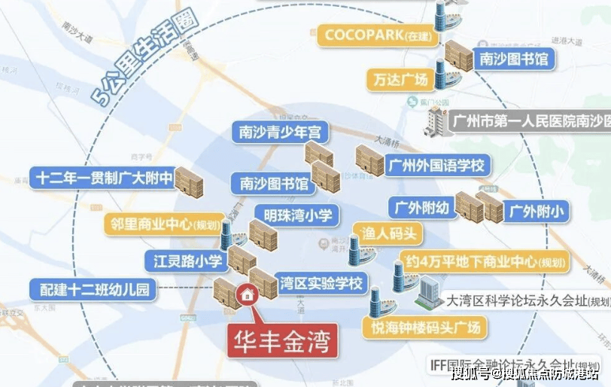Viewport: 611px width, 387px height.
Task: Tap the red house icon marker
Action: (246, 296)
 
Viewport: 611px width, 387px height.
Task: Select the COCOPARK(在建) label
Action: (373, 35)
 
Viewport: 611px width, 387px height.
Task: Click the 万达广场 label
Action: (400, 78)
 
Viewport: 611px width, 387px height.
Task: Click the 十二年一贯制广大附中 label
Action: (104, 178)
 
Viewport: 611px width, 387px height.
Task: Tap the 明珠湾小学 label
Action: (298, 215)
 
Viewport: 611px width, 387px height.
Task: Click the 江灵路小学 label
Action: (184, 261)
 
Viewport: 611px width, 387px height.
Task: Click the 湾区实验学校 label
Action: (320, 284)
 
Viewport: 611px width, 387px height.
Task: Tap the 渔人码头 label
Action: (388, 234)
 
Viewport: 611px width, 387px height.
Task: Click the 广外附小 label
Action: (536, 209)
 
